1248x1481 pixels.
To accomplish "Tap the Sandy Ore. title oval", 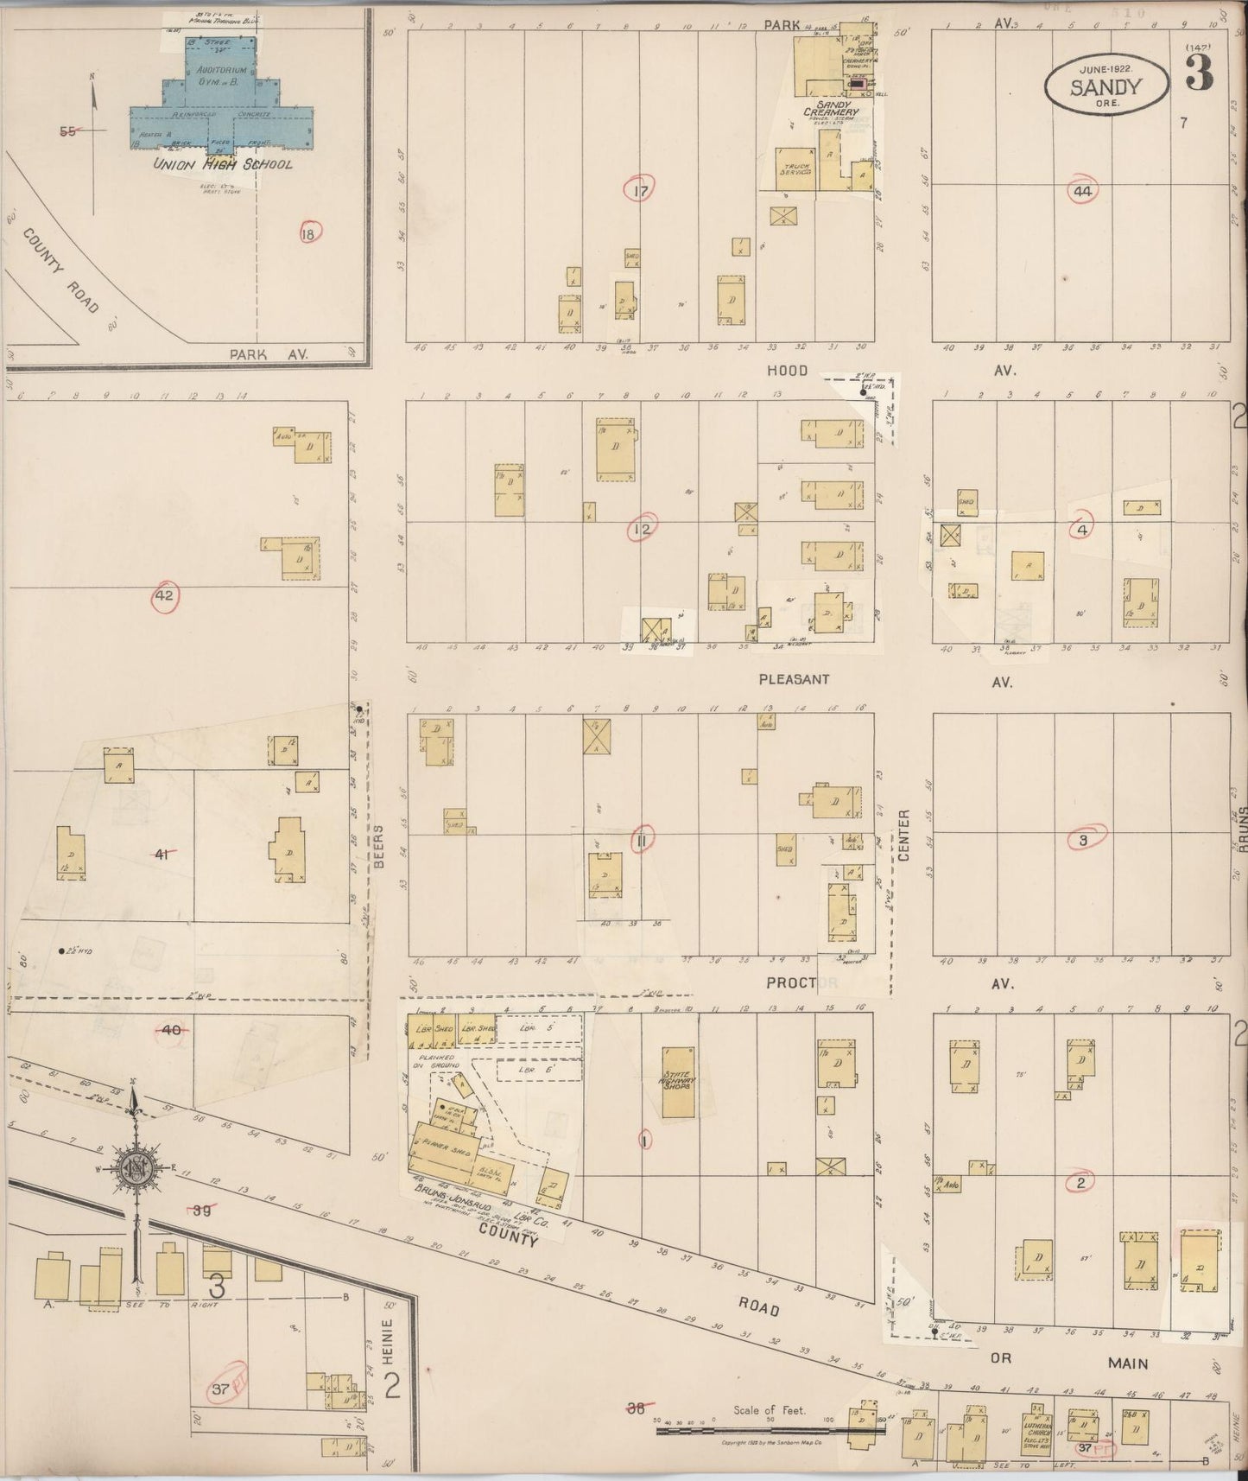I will (x=1105, y=87).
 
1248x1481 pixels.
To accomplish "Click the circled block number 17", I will (x=639, y=190).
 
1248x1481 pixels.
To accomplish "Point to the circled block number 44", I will (x=1082, y=192).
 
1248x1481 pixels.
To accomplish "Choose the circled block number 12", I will (x=642, y=528).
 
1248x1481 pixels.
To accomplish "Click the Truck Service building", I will (x=794, y=168).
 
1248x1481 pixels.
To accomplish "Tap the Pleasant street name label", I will (x=794, y=679).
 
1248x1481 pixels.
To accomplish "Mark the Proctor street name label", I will (x=801, y=982).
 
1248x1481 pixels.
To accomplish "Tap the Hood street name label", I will (x=787, y=371).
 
